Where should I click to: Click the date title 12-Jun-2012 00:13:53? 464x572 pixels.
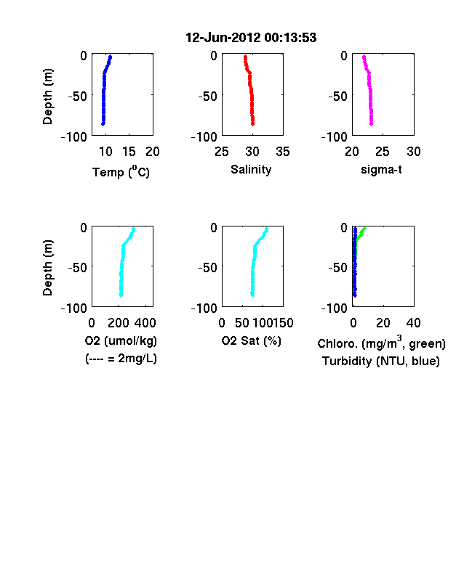click(251, 38)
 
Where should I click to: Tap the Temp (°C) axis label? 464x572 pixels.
click(121, 172)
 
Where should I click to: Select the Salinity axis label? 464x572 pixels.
click(251, 169)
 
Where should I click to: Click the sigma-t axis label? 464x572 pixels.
click(381, 169)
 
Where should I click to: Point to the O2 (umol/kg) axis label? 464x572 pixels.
click(121, 340)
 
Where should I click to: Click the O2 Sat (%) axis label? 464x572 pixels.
click(251, 340)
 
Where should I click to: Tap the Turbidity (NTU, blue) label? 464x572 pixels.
click(380, 361)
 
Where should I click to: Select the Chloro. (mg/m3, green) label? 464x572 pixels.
click(381, 343)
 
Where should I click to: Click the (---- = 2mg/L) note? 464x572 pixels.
click(121, 359)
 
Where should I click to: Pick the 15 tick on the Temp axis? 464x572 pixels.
click(129, 152)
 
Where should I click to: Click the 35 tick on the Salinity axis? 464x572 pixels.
click(283, 152)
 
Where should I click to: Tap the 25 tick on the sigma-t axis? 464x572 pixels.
click(383, 152)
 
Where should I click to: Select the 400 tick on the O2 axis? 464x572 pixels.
click(145, 323)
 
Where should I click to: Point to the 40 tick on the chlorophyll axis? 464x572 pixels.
click(413, 323)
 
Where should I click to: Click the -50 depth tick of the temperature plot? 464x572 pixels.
click(78, 97)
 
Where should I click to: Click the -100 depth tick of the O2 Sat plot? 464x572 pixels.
click(204, 309)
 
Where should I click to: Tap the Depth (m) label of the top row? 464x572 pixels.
click(47, 97)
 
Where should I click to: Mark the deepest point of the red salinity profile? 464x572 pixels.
click(252, 124)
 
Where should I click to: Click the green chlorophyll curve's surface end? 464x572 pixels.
click(364, 229)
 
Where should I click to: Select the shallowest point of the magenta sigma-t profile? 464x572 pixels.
click(364, 57)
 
